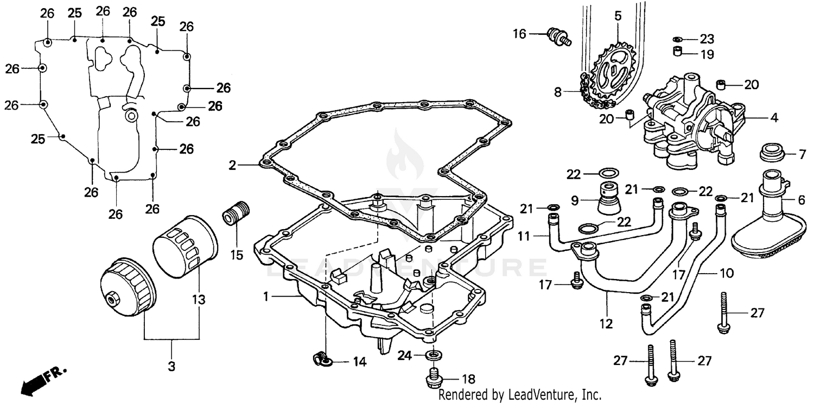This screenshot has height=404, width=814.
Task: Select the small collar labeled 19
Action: pyautogui.click(x=677, y=53)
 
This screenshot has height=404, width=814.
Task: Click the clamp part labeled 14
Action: pyautogui.click(x=320, y=357)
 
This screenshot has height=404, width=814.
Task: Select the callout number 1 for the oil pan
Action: pyautogui.click(x=266, y=297)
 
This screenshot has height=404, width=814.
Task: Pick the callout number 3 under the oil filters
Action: pyautogui.click(x=171, y=367)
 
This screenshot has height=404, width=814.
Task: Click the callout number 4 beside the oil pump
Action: pyautogui.click(x=774, y=117)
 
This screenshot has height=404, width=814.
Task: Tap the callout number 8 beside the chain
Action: pyautogui.click(x=558, y=92)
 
